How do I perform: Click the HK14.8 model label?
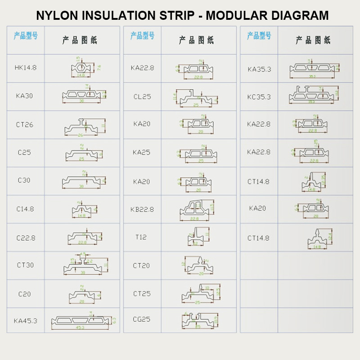click(25, 67)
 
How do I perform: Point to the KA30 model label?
click(24, 95)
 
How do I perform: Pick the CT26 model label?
click(25, 125)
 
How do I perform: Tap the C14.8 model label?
click(25, 209)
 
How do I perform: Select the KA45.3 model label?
click(25, 321)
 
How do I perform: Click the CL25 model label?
click(142, 96)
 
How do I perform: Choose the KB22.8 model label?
click(142, 209)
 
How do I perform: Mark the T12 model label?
click(141, 237)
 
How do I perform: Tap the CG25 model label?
click(142, 319)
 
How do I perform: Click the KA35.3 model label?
click(259, 69)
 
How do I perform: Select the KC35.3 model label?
click(259, 97)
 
